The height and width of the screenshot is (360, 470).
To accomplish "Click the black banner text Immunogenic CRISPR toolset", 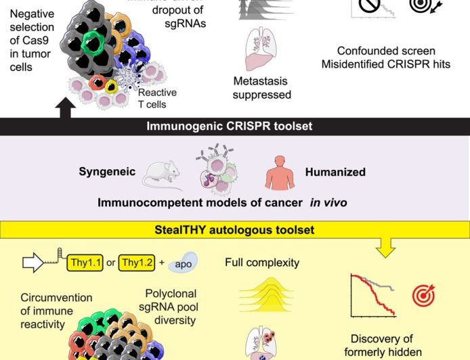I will click(x=234, y=126).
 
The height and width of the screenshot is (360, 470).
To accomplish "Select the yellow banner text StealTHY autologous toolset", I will click(x=234, y=230).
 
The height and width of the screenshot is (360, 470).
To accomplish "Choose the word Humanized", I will click(x=335, y=172).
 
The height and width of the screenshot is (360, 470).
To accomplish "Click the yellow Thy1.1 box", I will click(x=85, y=262).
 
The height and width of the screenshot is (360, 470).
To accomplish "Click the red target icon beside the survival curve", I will click(x=423, y=296).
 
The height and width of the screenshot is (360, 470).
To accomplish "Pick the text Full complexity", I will click(x=261, y=261).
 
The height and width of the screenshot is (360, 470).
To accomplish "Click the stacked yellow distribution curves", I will click(x=261, y=296).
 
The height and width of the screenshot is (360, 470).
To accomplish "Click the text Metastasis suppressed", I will click(x=261, y=88).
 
